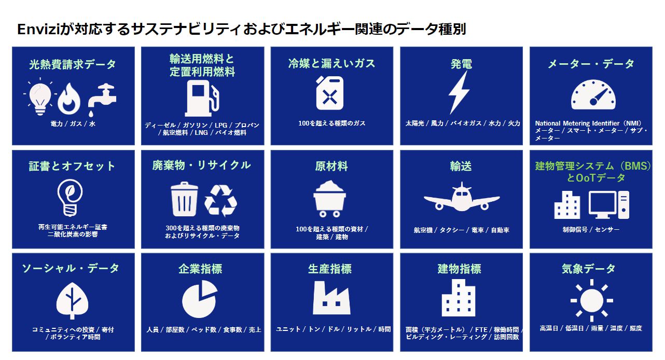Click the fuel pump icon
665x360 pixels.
tap(202, 98)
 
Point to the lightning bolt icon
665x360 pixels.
tap(459, 92)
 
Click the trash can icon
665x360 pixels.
tap(184, 199)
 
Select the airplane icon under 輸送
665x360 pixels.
tap(461, 197)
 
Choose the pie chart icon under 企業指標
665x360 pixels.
tap(199, 299)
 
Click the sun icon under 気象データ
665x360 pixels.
tap(591, 299)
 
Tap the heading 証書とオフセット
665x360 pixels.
tap(72, 167)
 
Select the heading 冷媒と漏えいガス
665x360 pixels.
tap(331, 63)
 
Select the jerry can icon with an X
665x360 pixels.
tap(330, 93)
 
